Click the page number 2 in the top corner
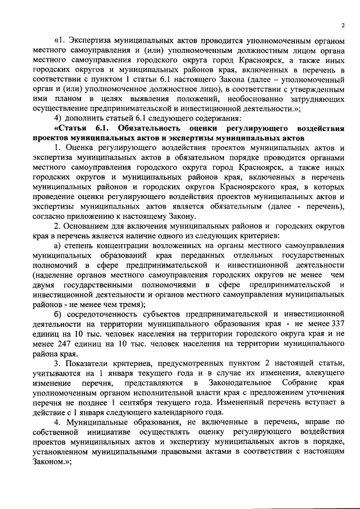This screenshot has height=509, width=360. [x=343, y=25]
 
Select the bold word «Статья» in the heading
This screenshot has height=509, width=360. [x=75, y=128]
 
